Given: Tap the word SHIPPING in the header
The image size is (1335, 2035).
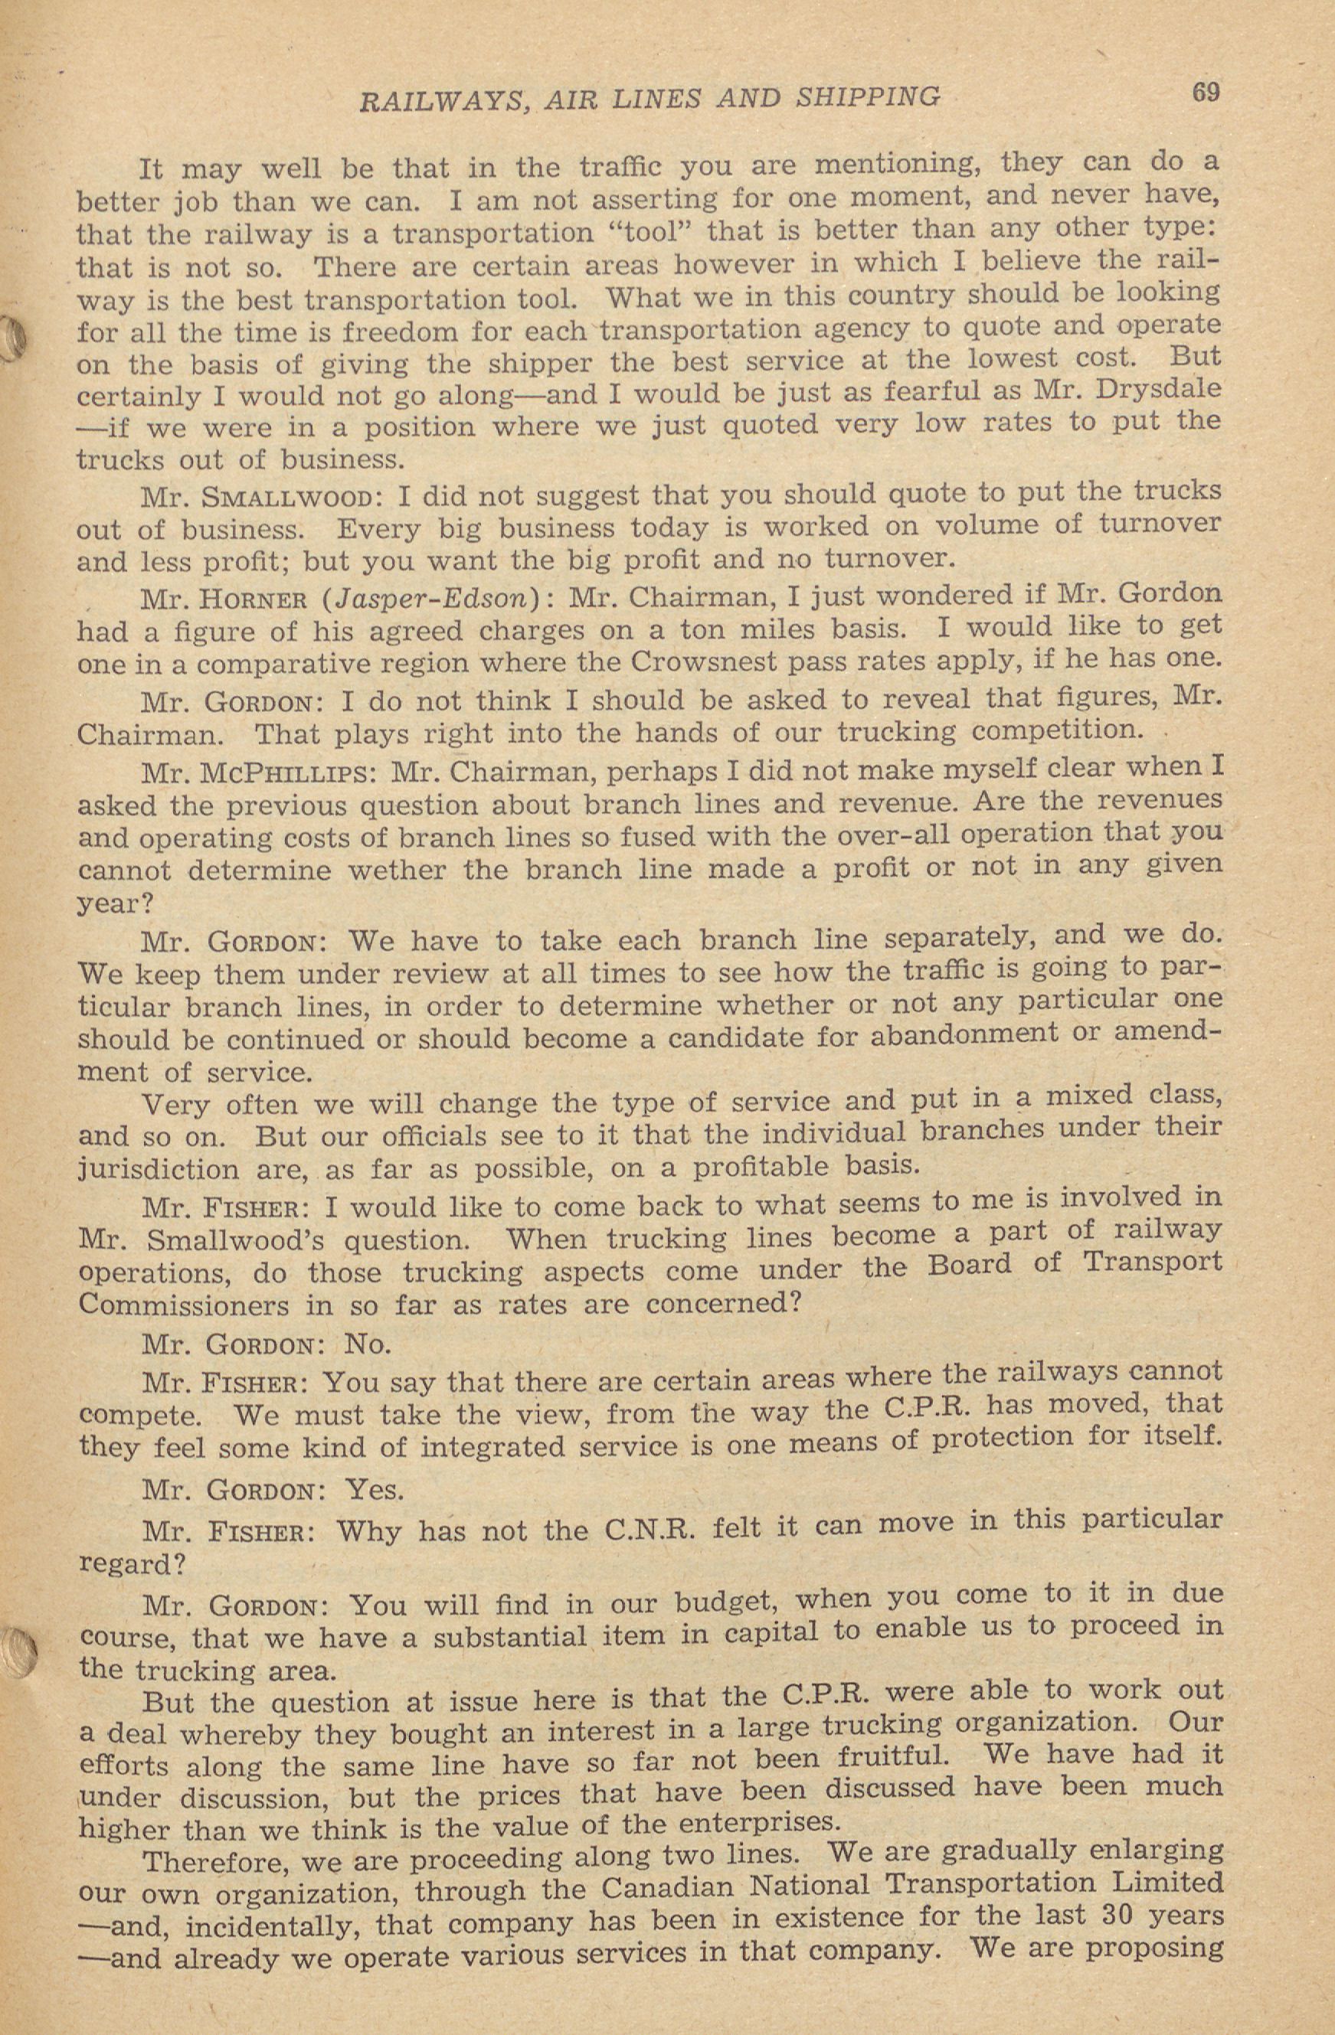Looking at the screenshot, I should (x=867, y=96).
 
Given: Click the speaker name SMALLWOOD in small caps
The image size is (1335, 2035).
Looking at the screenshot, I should (x=280, y=498).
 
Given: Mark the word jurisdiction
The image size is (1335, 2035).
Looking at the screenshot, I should (x=159, y=1170).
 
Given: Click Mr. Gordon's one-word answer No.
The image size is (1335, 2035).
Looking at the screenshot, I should (x=367, y=1345).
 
